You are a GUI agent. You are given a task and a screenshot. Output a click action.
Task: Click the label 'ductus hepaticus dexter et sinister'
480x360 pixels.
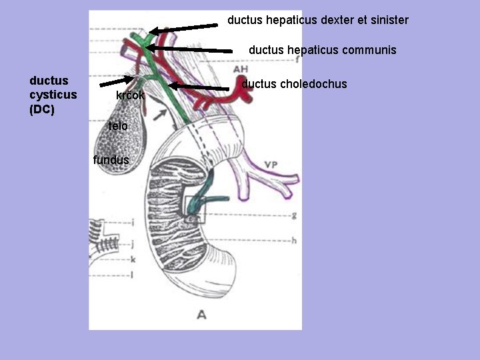click(x=317, y=20)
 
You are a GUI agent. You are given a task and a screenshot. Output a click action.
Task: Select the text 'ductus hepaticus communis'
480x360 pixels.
click(x=322, y=50)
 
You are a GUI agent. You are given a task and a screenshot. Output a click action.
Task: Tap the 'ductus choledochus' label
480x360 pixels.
click(x=294, y=84)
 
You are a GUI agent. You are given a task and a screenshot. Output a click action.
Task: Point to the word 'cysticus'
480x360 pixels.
click(x=53, y=95)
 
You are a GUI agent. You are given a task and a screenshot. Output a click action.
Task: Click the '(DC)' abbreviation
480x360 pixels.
click(x=42, y=109)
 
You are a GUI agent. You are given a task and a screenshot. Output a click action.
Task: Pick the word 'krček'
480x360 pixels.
click(x=130, y=95)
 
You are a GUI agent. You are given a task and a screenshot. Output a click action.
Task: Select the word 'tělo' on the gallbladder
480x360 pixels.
click(x=118, y=126)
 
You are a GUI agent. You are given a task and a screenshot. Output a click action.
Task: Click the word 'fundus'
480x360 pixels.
click(x=111, y=160)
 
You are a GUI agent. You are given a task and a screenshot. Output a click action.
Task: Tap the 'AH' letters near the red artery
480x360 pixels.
click(x=241, y=69)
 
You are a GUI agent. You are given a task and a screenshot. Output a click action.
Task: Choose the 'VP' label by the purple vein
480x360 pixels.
click(x=270, y=165)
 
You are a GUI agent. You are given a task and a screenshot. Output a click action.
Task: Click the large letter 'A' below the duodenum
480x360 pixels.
click(x=201, y=313)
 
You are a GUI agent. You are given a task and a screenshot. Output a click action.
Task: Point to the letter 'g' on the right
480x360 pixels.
click(x=294, y=215)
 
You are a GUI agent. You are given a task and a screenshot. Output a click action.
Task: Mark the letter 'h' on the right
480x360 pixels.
click(x=294, y=240)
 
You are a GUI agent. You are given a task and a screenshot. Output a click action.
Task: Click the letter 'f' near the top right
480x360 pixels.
click(x=297, y=59)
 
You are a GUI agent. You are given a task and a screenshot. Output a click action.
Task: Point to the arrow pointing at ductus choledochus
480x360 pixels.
click(x=200, y=87)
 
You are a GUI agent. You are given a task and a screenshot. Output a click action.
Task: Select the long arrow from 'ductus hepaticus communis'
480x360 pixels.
click(x=193, y=49)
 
